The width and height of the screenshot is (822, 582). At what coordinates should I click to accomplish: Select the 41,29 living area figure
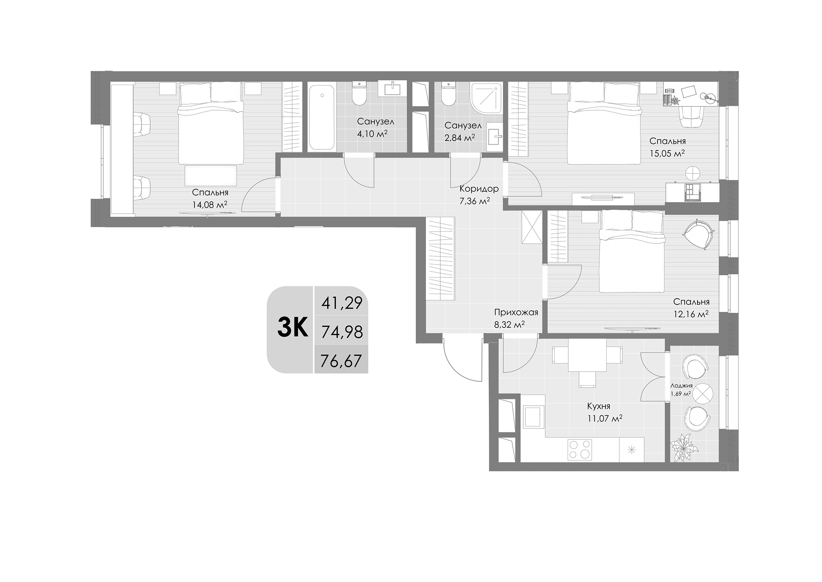342,303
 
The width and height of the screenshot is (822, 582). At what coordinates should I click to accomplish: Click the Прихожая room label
516,312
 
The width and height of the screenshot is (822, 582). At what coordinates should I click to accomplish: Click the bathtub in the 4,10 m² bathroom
321,117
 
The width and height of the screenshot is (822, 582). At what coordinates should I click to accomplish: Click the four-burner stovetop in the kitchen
580,449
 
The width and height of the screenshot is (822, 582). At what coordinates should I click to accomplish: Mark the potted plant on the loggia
683,447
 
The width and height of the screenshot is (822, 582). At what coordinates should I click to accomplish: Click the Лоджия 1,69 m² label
681,390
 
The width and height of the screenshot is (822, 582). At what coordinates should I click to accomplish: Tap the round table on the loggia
703,393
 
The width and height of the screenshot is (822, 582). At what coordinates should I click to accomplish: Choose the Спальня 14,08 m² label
210,198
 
